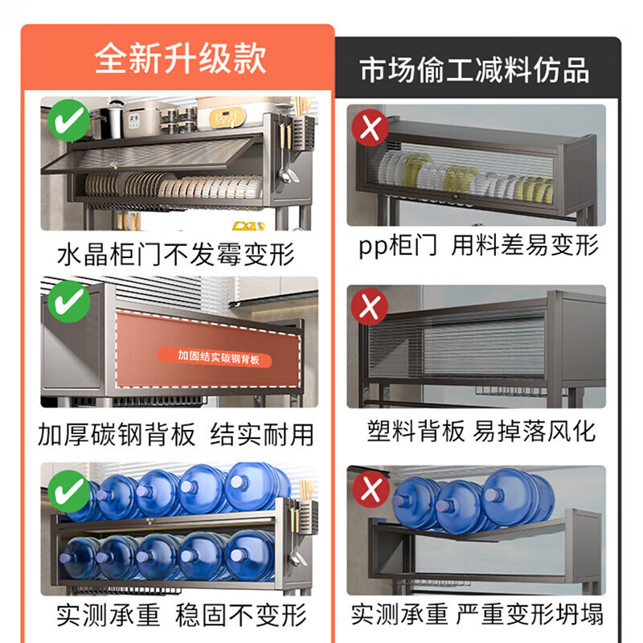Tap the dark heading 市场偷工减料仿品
tap(475, 70)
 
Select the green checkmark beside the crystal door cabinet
tap(68, 122)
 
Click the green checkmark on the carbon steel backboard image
tap(70, 302)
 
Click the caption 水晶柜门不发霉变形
tap(177, 255)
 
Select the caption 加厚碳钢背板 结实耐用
tap(177, 435)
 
